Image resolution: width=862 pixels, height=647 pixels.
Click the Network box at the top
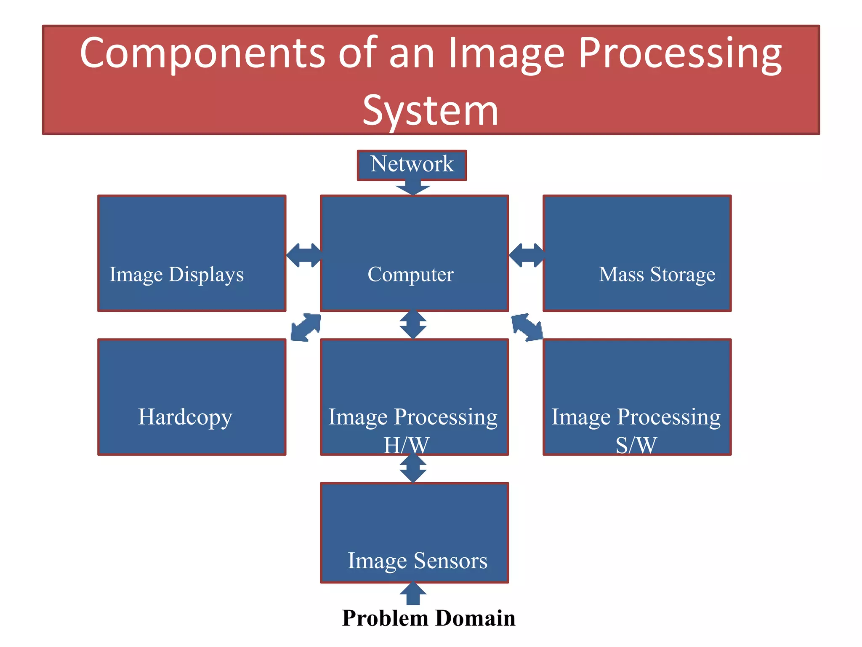[x=412, y=165]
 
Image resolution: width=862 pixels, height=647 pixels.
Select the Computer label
[x=410, y=275]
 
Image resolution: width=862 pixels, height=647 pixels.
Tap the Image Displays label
[x=176, y=275]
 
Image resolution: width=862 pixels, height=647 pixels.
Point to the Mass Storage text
[x=657, y=275]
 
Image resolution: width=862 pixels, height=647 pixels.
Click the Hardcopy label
[x=185, y=417]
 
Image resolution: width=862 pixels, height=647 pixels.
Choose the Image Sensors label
[x=417, y=561]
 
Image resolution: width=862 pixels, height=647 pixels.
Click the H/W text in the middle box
[x=406, y=445]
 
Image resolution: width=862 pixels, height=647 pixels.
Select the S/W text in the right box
[x=636, y=445]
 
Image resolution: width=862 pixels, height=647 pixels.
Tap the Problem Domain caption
[x=428, y=618]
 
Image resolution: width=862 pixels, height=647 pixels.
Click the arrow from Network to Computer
[x=413, y=187]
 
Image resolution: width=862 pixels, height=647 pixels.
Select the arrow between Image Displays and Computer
[x=304, y=255]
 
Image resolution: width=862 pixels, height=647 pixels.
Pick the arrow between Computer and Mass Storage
[x=526, y=255]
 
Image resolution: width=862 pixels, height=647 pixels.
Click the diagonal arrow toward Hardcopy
[x=306, y=327]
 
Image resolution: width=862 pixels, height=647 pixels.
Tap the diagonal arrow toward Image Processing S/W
[x=527, y=327]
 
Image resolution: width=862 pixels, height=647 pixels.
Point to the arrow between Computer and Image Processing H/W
[x=413, y=324]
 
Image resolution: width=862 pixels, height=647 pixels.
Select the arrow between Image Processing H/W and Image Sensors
[x=413, y=468]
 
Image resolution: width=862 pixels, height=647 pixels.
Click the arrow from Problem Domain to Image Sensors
[x=413, y=594]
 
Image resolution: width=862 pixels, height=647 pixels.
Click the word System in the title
[x=430, y=110]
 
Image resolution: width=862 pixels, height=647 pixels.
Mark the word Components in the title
[x=202, y=53]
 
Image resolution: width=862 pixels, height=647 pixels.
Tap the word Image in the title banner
[x=505, y=53]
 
